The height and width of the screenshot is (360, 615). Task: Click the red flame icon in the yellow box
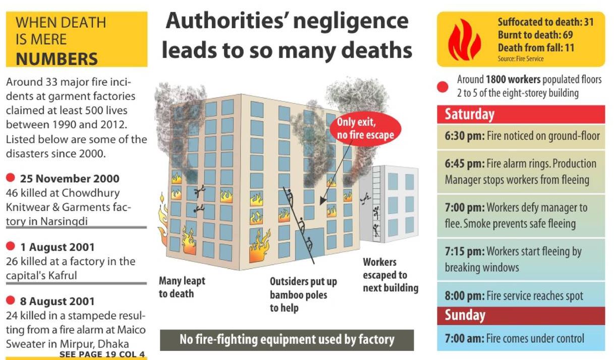point(464,40)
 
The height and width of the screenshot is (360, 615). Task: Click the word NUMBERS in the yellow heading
point(57,58)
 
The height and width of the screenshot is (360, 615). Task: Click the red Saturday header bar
point(520,114)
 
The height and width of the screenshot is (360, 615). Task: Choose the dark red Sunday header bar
point(520,316)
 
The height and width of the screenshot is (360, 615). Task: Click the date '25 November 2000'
point(70,178)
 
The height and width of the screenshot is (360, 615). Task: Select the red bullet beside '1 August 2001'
point(11,246)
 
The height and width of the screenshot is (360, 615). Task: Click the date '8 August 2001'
point(57,302)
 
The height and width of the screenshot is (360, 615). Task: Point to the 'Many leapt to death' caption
point(182,287)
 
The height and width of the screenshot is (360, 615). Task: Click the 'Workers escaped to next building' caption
point(390,275)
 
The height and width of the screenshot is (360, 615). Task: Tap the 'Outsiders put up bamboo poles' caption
point(303,294)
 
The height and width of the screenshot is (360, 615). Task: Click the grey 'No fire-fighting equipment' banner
point(287,339)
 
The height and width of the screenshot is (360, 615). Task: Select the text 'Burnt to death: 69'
point(535,35)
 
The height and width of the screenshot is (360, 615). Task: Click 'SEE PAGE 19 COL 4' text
point(102,354)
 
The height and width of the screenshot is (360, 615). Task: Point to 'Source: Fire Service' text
point(520,59)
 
